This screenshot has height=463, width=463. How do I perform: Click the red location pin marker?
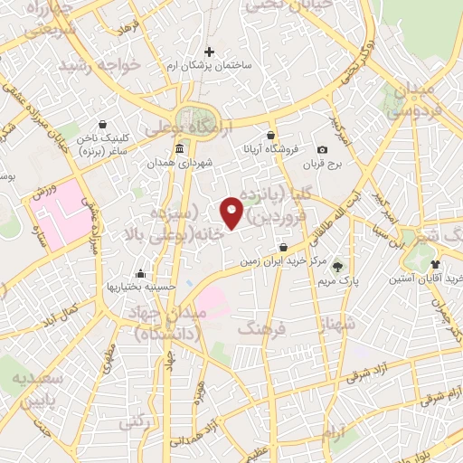[232, 212]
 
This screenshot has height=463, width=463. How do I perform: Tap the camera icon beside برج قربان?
[322, 149]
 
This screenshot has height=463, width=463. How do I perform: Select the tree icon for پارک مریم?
[337, 267]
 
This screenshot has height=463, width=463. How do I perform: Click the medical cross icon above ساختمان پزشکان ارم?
[210, 52]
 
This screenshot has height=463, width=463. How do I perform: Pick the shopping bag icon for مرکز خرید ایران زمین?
[284, 247]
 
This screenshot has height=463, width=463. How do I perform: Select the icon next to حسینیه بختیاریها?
[140, 273]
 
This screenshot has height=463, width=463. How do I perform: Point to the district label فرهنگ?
[261, 330]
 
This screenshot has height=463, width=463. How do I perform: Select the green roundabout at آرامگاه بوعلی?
[192, 118]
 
